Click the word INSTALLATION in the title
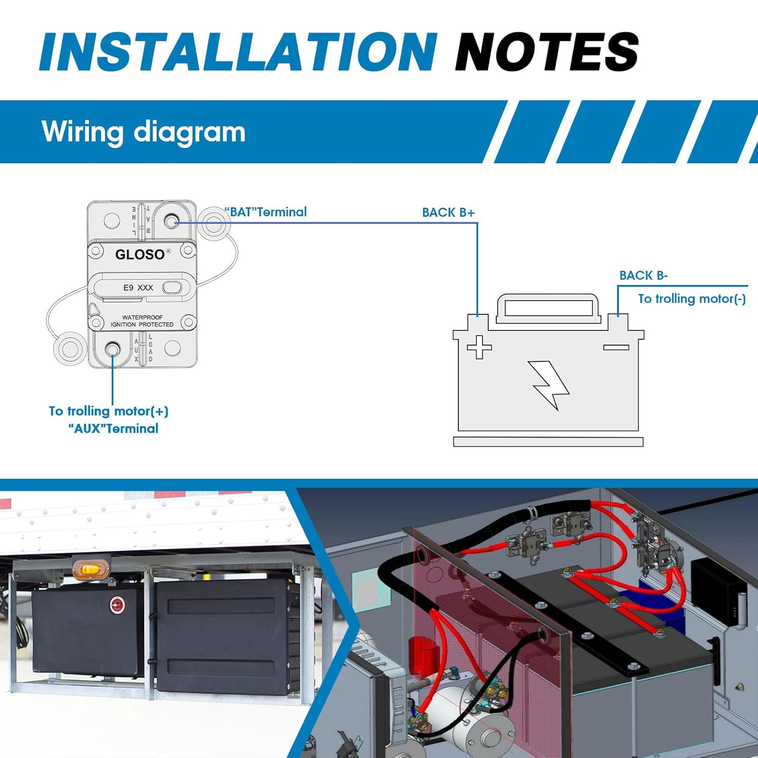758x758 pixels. click(238, 52)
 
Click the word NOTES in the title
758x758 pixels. click(547, 52)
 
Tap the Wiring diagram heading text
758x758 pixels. click(144, 132)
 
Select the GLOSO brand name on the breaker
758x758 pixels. click(140, 254)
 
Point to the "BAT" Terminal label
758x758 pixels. click(266, 212)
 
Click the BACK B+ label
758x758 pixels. click(448, 213)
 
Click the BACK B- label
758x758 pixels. click(643, 275)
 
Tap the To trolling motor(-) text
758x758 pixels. click(691, 299)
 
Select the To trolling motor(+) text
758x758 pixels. click(109, 411)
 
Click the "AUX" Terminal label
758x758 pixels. click(113, 429)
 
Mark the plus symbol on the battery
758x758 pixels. click(479, 347)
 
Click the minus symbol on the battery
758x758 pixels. click(616, 347)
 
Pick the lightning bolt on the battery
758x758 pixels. click(550, 384)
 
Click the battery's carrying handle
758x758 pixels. click(548, 306)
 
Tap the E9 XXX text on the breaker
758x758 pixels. click(138, 288)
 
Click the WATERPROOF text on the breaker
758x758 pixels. click(142, 317)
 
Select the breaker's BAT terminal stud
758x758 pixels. click(172, 221)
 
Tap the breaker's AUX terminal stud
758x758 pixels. click(112, 349)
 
